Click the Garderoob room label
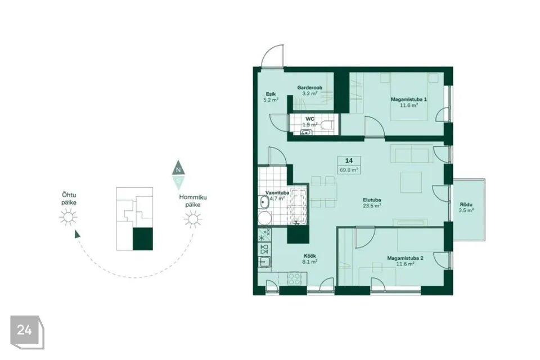pos(309,88)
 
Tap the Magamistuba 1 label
pos(409,100)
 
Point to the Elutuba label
pos(372,200)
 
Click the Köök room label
pos(309,256)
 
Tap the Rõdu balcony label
pos(466,205)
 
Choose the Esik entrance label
pos(271,94)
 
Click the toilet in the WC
pos(326,125)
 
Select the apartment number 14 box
pos(349,160)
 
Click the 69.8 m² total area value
pos(349,170)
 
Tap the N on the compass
pos(178,169)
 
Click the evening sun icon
pos(68,217)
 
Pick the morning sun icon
pos(192,219)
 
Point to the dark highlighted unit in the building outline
pos(142,239)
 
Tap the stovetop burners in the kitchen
pos(294,278)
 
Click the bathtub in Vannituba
pos(298,206)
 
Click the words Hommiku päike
pos(193,201)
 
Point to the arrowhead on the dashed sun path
pos(77,234)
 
